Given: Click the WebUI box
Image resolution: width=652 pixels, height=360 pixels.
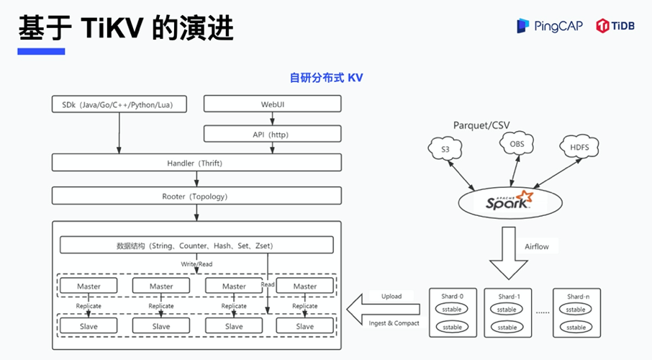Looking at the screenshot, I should pos(272,104).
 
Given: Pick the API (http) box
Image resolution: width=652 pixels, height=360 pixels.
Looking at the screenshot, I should pos(272,134).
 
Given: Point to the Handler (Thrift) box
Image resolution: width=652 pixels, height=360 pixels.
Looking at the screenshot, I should pos(195,163).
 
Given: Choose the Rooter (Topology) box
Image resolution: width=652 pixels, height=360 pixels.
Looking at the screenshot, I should pos(195,196).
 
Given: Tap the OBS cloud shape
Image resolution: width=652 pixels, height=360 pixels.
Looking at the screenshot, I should pos(517,145).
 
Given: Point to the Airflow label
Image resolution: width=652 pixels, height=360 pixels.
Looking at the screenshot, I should pos(537,247).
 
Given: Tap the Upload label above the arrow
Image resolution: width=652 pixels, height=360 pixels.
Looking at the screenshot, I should pos(391,296).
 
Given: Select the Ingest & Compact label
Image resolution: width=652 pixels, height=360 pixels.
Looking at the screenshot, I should pos(394,323).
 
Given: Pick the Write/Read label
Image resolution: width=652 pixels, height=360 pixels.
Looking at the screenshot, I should pos(196,264).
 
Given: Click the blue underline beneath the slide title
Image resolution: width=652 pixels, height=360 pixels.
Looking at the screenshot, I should pos(41,51).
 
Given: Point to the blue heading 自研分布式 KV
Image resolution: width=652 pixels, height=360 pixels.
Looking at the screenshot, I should pos(326,77).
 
